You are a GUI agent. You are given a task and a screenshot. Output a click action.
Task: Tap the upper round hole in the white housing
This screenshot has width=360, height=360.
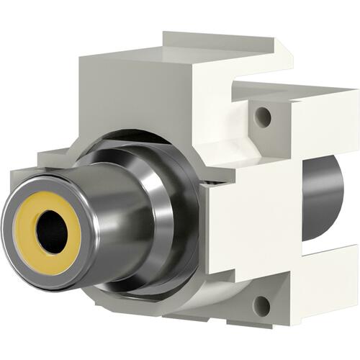pos(264,114)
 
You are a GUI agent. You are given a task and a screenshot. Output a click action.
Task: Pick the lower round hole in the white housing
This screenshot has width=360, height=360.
pos(261,305)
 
